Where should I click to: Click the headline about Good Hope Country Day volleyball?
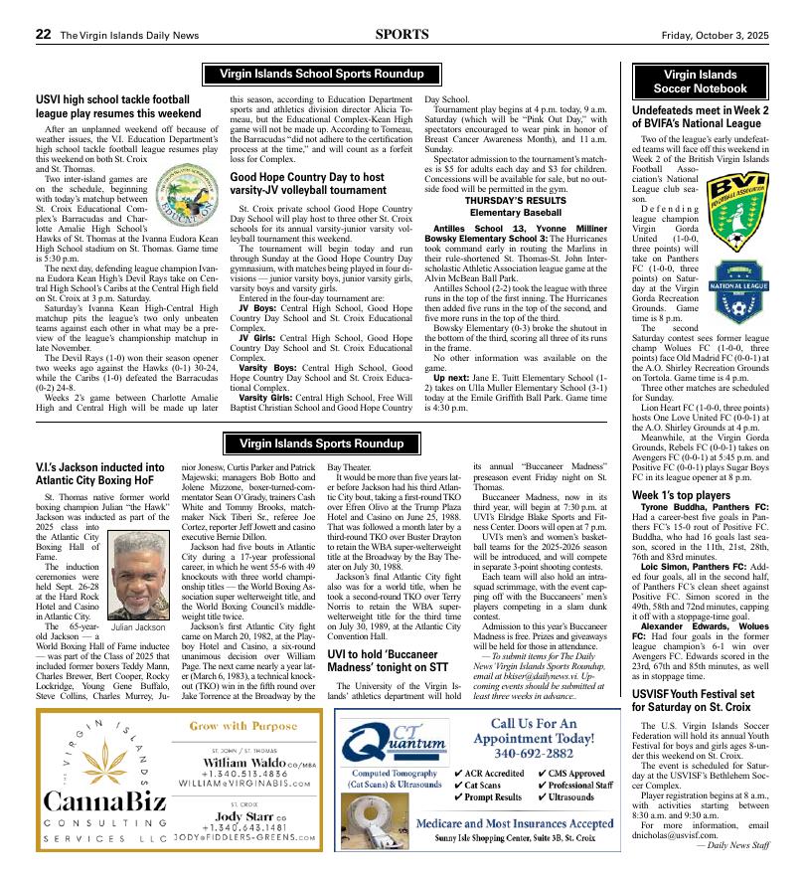click(307, 184)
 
